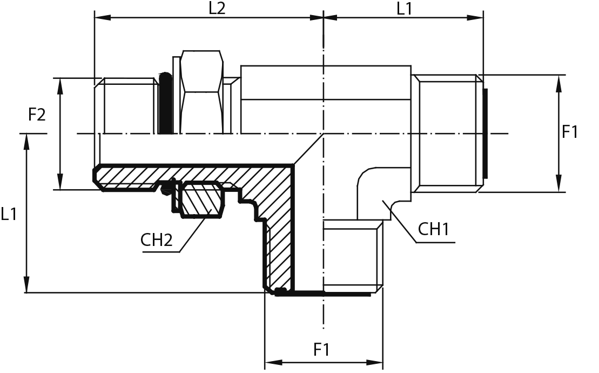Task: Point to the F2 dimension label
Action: [37, 115]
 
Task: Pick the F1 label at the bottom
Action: [322, 349]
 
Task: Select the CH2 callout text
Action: [157, 239]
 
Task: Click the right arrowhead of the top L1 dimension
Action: [478, 18]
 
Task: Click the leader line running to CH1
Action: [402, 222]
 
